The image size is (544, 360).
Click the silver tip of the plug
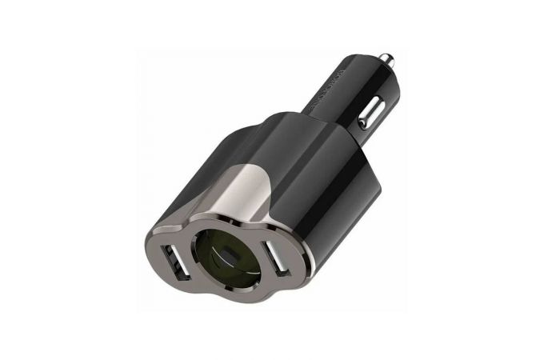point(385,58)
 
